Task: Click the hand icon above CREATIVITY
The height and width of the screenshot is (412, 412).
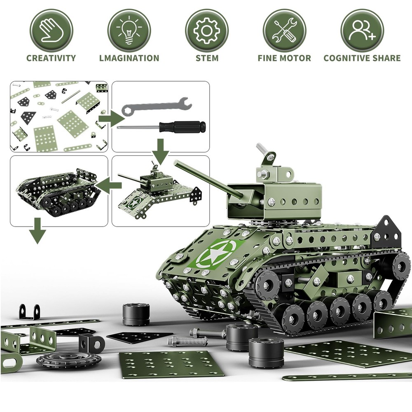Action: tap(51, 30)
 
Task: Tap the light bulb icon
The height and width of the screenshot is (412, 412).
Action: tap(129, 30)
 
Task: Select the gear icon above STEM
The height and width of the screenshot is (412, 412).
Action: tap(206, 30)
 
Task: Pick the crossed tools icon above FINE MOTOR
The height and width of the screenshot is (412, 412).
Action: tap(284, 30)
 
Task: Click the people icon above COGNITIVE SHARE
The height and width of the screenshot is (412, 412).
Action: tap(362, 30)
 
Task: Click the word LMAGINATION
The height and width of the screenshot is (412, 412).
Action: tap(129, 58)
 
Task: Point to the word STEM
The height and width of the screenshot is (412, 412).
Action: tap(207, 58)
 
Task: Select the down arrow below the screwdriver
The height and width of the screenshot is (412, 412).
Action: tap(161, 151)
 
